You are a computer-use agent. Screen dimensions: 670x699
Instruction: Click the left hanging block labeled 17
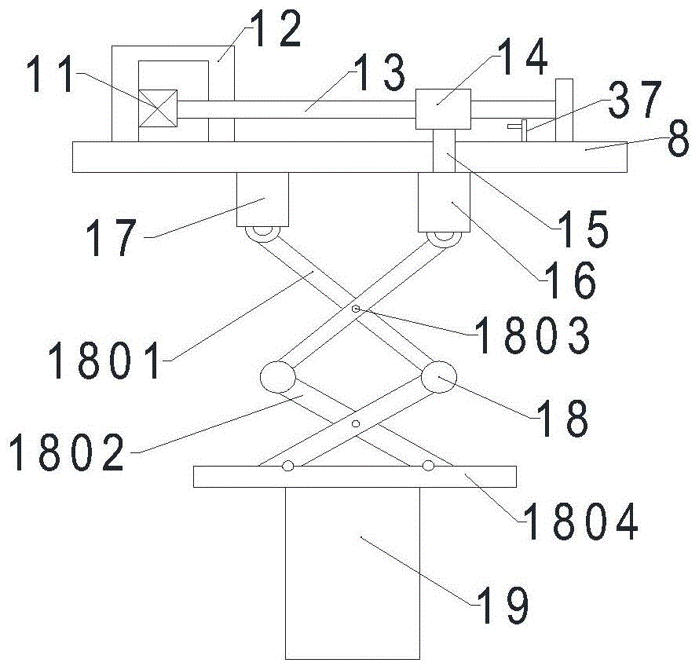pos(262,200)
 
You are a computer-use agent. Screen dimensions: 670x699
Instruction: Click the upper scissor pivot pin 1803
pos(356,309)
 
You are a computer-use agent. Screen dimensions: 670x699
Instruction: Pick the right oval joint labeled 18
pos(438,378)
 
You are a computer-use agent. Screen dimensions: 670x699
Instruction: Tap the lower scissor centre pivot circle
pos(356,424)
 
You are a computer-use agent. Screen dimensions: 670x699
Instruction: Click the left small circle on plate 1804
pos(288,466)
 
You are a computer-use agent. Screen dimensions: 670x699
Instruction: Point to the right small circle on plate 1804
pos(428,466)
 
